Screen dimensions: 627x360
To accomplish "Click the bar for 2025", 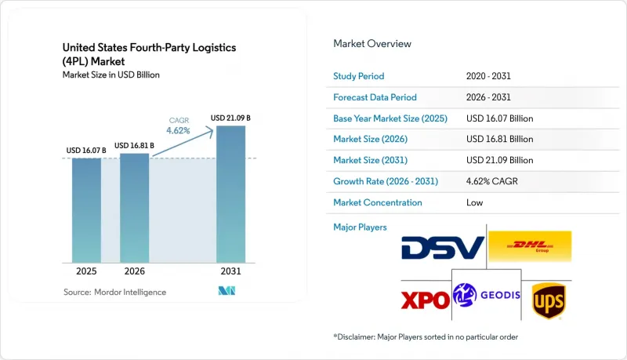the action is point(86,210).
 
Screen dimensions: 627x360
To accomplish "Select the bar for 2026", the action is point(134,208).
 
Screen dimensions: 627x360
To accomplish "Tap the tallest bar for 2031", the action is point(230,195).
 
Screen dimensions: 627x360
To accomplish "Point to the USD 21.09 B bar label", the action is point(230,118).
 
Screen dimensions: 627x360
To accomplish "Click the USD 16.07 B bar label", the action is point(86,151).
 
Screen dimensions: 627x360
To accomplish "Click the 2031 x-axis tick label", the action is point(230,271).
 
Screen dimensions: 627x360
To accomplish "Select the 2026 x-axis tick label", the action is point(134,271).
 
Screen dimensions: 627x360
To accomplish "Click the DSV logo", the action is point(443,248).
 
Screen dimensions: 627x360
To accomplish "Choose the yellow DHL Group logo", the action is point(530,246).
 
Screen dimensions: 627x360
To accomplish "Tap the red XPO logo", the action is point(425,300).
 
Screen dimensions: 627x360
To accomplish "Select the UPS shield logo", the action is point(548,301).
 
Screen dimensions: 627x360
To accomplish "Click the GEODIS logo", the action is point(487,295).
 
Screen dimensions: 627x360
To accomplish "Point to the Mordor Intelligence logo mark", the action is point(227,291).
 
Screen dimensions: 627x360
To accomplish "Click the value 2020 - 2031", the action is point(488,76).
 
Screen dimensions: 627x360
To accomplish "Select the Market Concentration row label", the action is point(378,202).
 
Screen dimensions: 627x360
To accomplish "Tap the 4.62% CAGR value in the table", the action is point(492,181).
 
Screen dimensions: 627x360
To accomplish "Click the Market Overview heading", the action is point(372,44).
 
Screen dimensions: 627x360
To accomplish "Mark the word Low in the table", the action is point(475,202).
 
